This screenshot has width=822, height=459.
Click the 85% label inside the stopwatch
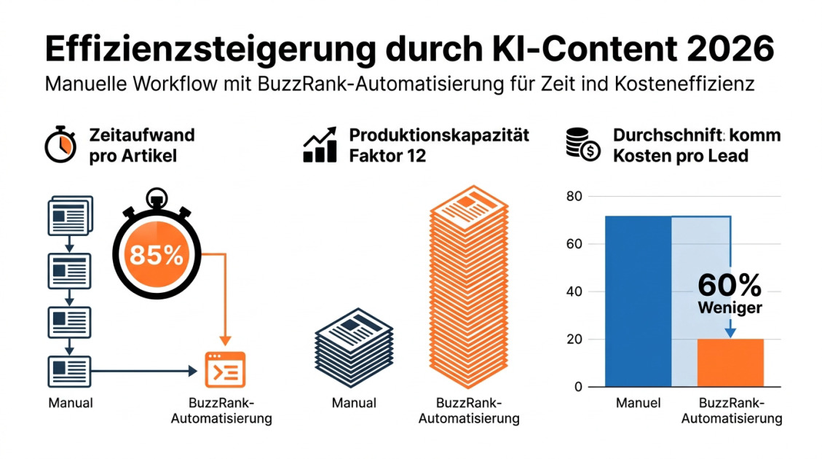pyautogui.click(x=156, y=255)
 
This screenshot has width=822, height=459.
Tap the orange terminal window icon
pyautogui.click(x=225, y=369)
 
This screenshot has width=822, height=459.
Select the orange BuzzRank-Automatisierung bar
pyautogui.click(x=730, y=362)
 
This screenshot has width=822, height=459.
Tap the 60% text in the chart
pyautogui.click(x=730, y=284)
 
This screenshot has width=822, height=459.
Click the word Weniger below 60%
pyautogui.click(x=730, y=307)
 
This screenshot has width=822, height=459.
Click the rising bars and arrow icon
pyautogui.click(x=320, y=144)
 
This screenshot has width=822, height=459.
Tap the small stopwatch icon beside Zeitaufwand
pyautogui.click(x=59, y=145)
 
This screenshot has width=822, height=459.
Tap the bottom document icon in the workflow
pyautogui.click(x=68, y=371)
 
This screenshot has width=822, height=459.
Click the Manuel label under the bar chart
pyautogui.click(x=638, y=402)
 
